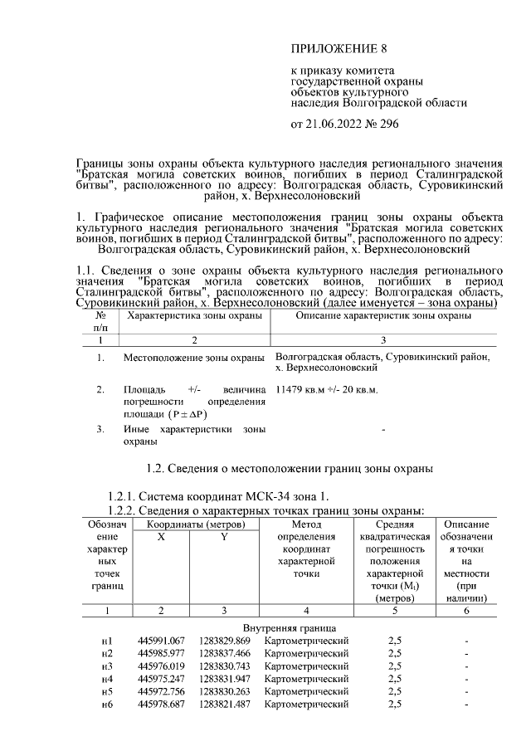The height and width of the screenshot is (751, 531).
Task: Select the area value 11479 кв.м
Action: click(303, 389)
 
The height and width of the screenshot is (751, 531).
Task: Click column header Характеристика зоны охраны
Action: click(193, 316)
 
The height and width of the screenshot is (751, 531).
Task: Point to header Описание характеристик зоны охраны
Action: click(383, 316)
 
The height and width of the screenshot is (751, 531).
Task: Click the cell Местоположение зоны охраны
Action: click(193, 358)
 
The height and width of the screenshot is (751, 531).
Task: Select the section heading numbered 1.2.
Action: click(290, 470)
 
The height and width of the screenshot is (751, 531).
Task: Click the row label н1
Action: click(107, 641)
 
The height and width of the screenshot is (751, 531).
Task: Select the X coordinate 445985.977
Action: click(161, 653)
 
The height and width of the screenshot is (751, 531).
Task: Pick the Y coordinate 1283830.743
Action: click(224, 666)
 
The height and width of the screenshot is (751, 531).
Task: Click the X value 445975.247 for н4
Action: click(161, 678)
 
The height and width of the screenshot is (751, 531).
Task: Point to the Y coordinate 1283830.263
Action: click(224, 690)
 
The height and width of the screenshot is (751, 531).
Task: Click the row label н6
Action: click(107, 704)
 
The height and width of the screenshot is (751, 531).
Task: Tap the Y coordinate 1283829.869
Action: click(224, 641)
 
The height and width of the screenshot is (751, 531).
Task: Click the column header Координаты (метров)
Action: click(194, 524)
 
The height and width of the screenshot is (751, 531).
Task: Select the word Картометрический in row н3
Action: click(306, 666)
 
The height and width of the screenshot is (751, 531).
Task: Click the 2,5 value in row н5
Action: click(395, 690)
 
